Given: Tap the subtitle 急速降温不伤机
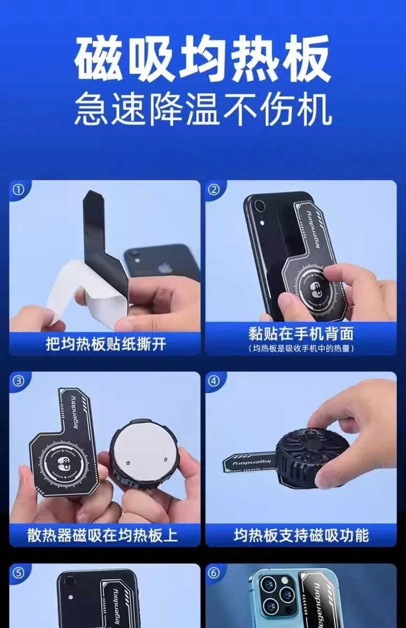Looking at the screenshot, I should [x=203, y=110].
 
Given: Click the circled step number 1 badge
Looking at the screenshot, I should [x=18, y=189].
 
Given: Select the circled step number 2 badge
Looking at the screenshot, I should [x=214, y=189].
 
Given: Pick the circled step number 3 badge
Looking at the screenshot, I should [x=18, y=381].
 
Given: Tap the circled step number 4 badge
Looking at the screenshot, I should [x=214, y=381].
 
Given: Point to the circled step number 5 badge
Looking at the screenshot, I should [x=18, y=573].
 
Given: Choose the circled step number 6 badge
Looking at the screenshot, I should [x=214, y=573].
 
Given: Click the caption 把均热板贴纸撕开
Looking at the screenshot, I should [x=105, y=344].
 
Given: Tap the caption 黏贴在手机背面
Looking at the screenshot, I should [x=300, y=333].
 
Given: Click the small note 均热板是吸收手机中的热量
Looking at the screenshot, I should [x=300, y=348].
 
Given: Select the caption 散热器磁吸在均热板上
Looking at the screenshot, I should [x=105, y=535].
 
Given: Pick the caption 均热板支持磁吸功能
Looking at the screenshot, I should [x=300, y=535].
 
